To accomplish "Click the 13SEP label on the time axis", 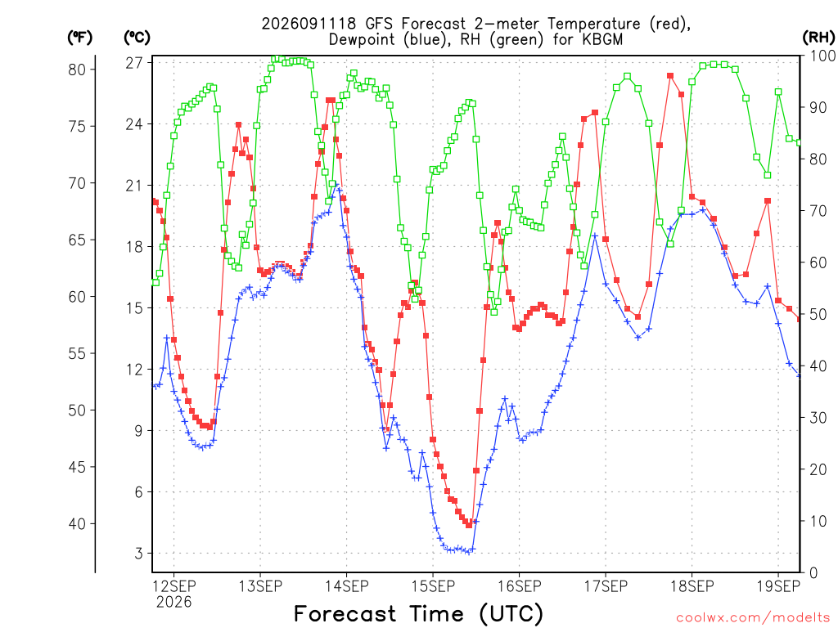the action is click(260, 586).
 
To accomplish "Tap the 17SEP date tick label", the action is click(606, 586).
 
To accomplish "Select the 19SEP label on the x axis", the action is click(778, 586).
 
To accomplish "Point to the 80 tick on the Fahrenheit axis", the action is click(77, 70).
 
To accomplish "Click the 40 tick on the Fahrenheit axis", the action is click(77, 524).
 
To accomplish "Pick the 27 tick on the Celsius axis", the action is click(135, 63).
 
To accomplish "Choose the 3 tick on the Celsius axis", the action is click(139, 554).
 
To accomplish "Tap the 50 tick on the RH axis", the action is click(818, 314).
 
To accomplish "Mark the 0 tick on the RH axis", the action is click(813, 573).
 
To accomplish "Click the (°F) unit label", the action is click(79, 38).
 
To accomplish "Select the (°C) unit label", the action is click(137, 38).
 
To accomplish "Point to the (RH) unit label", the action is click(818, 38).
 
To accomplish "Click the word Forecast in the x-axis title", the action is click(345, 613).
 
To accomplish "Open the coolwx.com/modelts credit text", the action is click(753, 618).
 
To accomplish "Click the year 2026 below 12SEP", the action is click(173, 603).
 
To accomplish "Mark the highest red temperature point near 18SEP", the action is click(670, 76).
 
